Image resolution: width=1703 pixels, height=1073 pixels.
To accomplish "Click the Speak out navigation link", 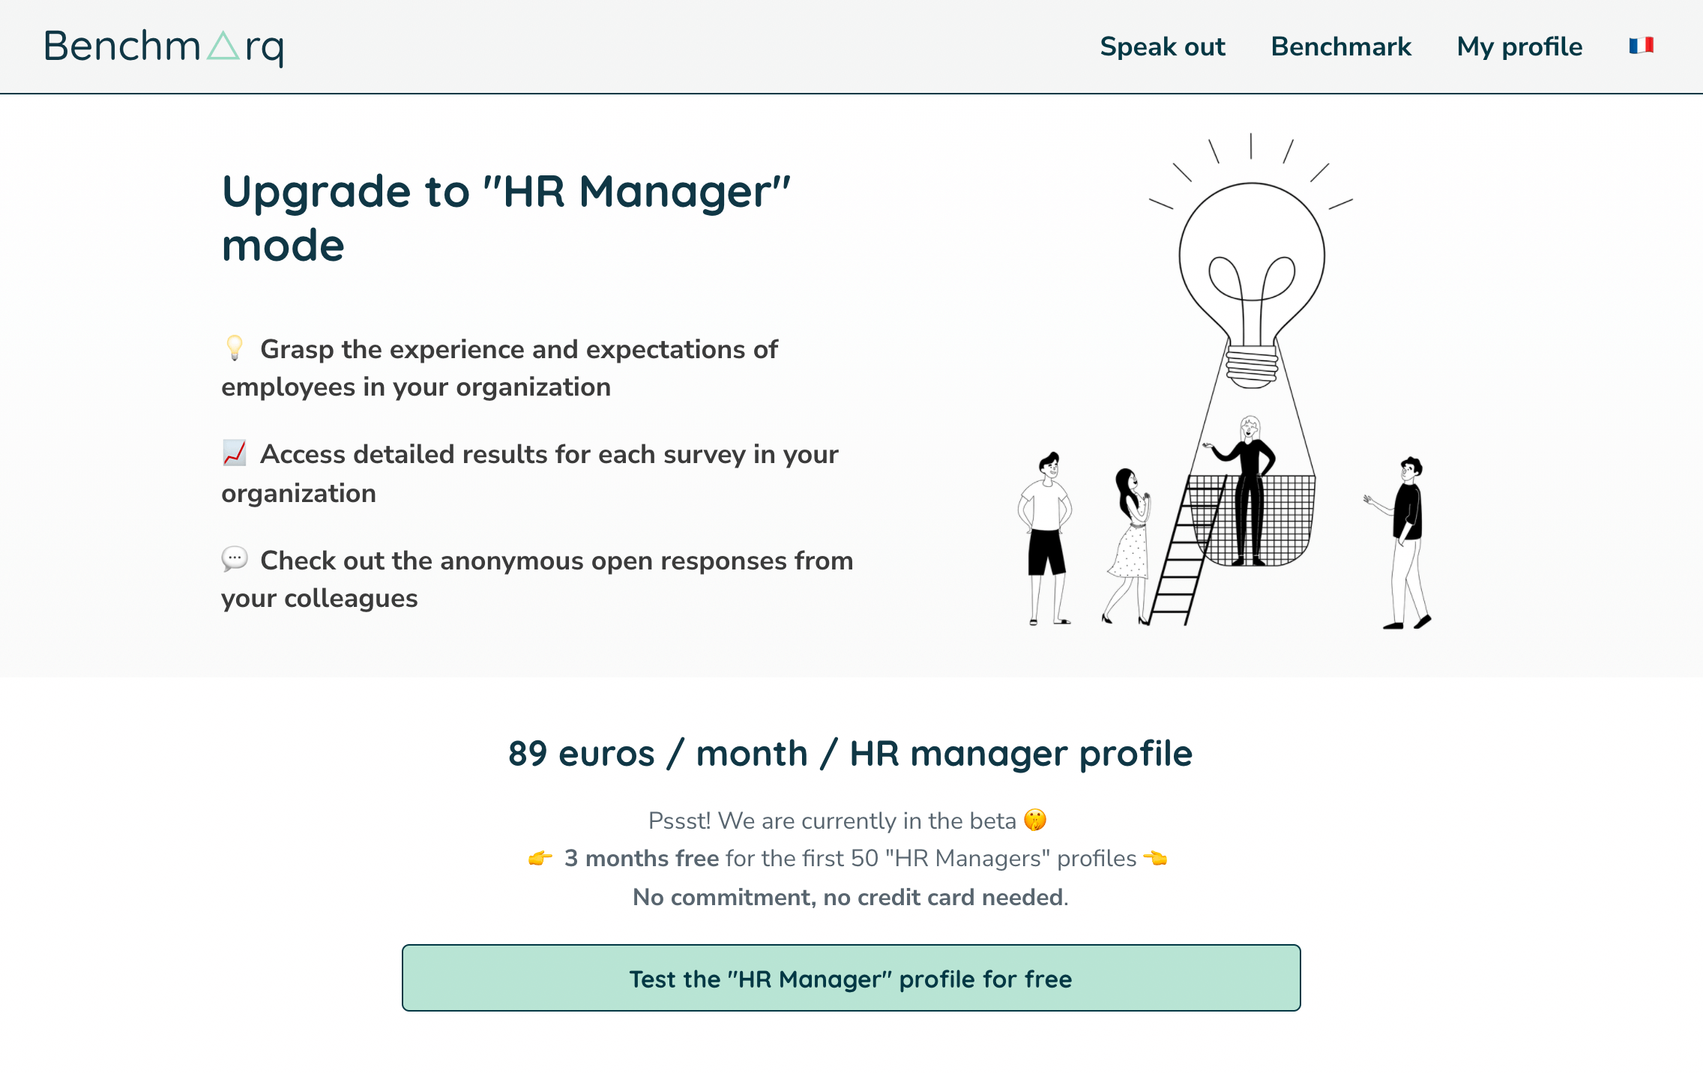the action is [1163, 46].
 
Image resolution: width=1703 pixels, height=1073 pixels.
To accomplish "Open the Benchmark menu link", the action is [1341, 46].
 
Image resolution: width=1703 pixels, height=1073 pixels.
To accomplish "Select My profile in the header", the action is [1519, 47].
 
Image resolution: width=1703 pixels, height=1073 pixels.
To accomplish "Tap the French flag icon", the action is [1642, 46].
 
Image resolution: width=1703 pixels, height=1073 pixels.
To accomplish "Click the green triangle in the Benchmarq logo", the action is [223, 46].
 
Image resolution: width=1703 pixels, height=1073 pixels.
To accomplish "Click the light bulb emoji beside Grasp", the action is [235, 348].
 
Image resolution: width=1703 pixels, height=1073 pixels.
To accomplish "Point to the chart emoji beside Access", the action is [235, 453].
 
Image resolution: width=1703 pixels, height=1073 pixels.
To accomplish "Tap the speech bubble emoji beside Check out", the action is [235, 558].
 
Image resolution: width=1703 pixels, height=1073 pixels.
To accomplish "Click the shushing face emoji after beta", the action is [1035, 820].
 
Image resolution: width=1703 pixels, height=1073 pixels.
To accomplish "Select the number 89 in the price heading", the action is [528, 753].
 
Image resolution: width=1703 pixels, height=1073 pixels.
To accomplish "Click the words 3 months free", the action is [642, 858].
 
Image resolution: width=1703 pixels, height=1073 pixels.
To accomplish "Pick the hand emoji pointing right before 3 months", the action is [540, 858].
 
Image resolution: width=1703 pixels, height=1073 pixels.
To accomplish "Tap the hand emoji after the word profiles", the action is [1155, 858].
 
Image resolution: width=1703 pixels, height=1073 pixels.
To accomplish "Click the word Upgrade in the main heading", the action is [317, 193].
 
